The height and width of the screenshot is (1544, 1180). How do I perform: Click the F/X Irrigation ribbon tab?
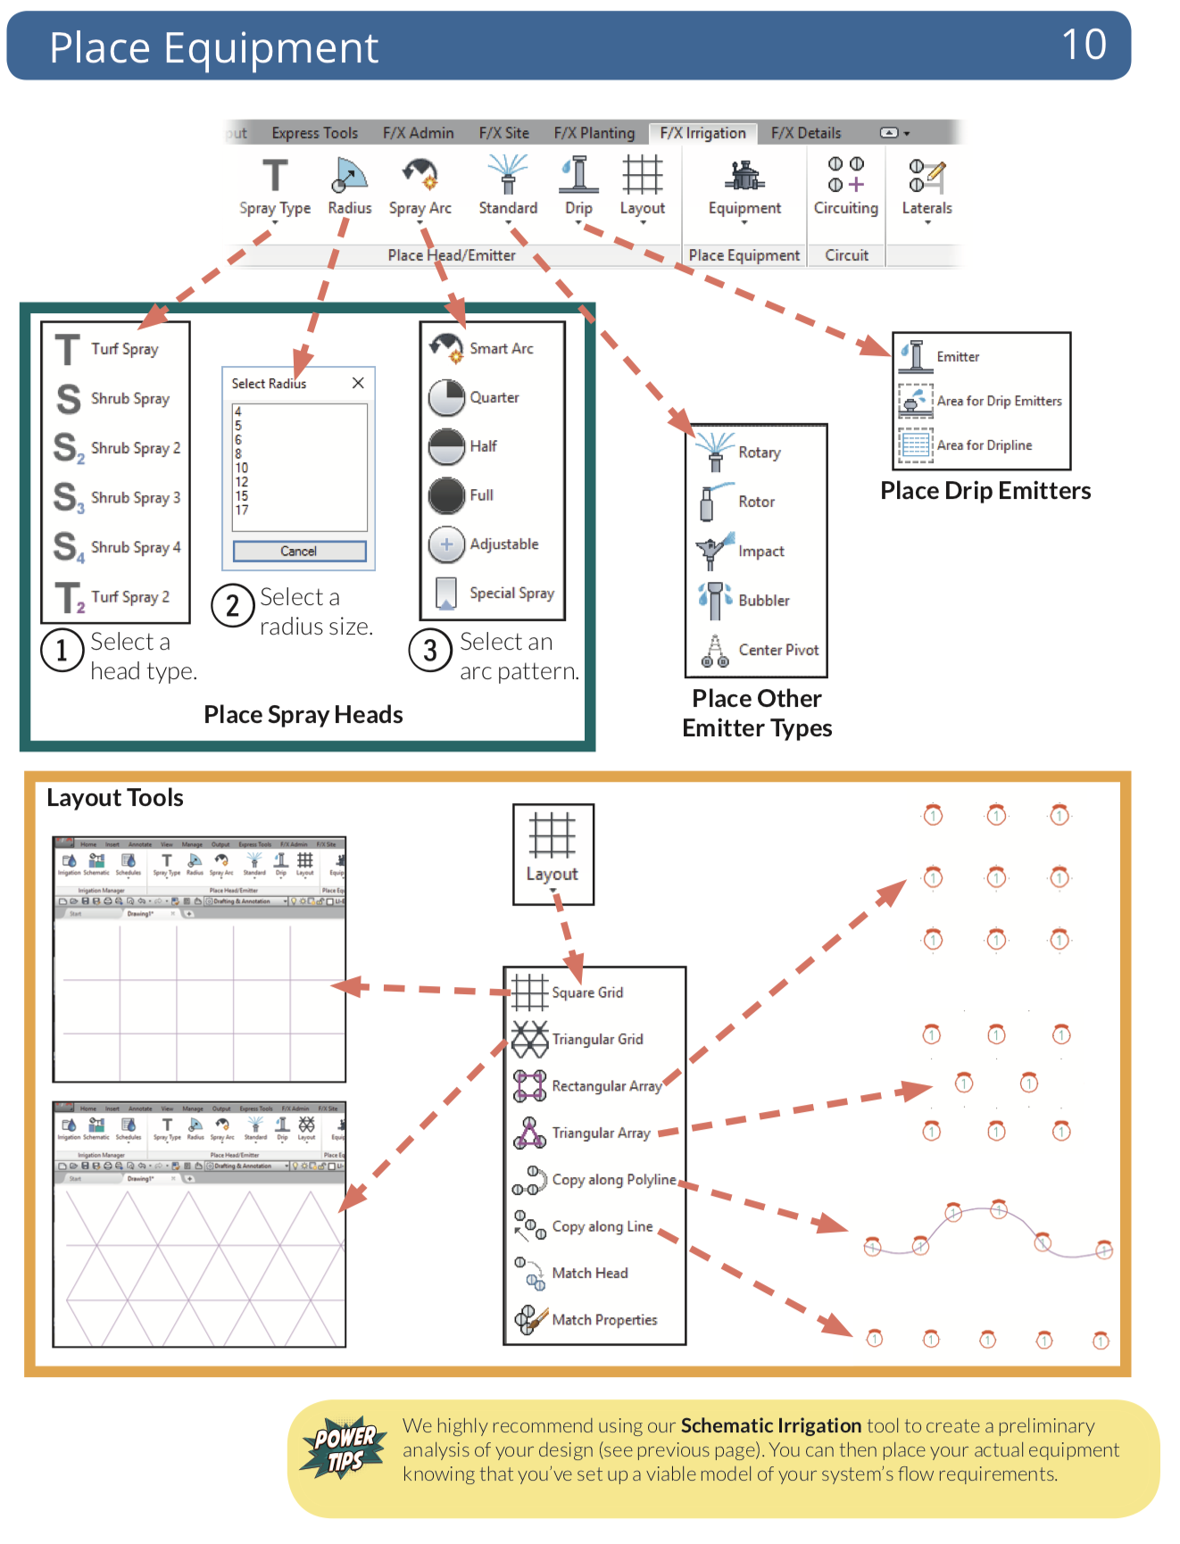coord(702,133)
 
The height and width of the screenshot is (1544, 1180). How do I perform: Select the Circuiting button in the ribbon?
coord(845,187)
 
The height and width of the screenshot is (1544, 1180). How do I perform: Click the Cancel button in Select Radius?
coord(299,551)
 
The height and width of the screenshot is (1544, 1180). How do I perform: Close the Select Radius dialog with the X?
coord(358,383)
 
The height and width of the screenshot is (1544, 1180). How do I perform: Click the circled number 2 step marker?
coord(233,606)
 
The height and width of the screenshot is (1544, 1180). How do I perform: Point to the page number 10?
coord(1084,45)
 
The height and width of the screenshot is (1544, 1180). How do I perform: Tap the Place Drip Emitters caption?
coord(985,491)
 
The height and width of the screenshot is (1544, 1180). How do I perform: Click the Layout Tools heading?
coord(115,798)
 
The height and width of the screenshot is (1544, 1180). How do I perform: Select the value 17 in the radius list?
coord(242,510)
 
